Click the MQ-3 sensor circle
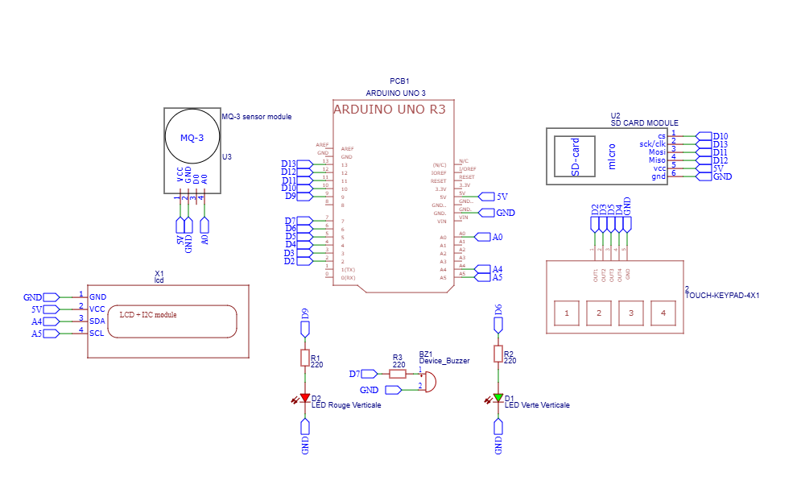coord(192,138)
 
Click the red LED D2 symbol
coord(305,398)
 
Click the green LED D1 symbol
coord(498,398)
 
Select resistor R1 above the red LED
coord(305,358)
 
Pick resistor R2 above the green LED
coord(498,354)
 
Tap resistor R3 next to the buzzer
coord(398,373)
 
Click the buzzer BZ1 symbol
coord(430,380)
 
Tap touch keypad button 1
coord(568,313)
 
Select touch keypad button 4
coord(663,313)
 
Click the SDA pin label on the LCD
coord(97,321)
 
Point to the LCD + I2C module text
coord(148,315)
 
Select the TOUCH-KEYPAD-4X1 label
coord(722,296)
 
